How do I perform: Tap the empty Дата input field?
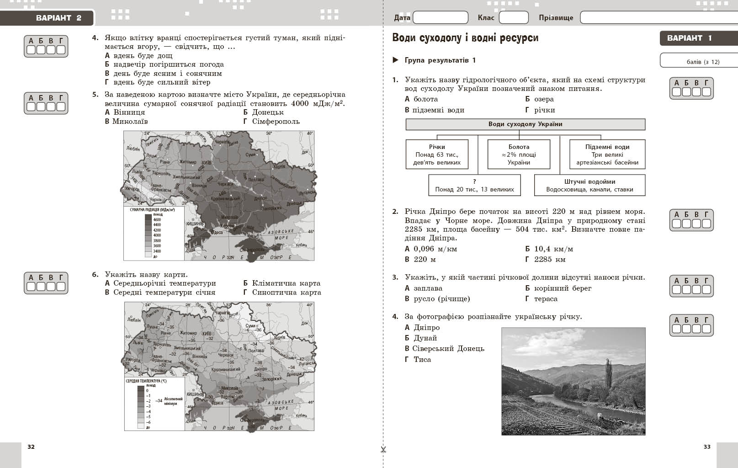pos(440,18)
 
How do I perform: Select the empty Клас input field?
pos(513,18)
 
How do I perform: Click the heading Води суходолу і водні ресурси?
pos(465,38)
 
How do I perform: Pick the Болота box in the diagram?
pos(519,154)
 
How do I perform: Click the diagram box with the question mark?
pos(474,185)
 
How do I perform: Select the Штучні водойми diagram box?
pos(589,185)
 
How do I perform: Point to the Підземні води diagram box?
pos(607,154)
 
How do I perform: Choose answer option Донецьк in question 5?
pos(267,112)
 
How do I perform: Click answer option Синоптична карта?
pos(286,292)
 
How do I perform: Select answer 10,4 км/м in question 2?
pos(553,249)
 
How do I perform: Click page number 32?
pos(31,447)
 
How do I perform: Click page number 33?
pos(707,447)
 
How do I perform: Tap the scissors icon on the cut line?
pos(383,450)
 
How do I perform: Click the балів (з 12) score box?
pos(699,61)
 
